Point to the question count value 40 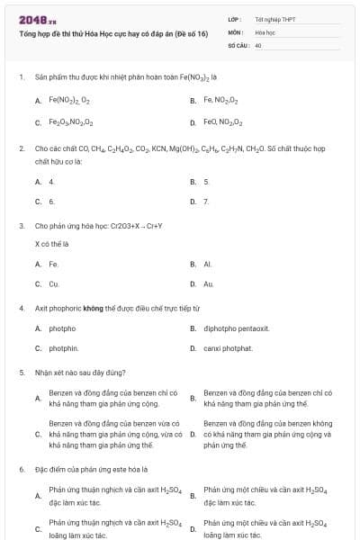coord(258,44)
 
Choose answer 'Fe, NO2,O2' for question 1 coord(220,101)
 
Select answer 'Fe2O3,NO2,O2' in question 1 coord(71,121)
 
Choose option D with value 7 coord(206,202)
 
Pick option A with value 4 coord(51,182)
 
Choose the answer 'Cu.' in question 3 coord(54,283)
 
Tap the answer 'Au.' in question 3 coord(208,283)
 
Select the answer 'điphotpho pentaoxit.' coord(236,328)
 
